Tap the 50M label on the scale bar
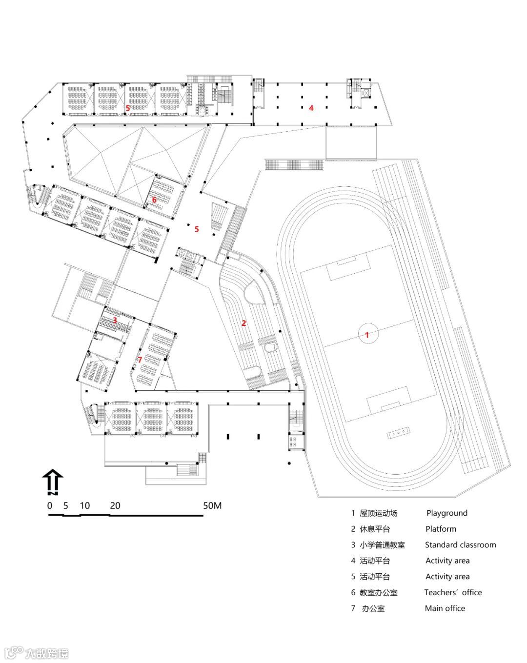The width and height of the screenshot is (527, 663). [x=212, y=505]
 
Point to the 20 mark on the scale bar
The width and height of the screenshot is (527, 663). [x=115, y=505]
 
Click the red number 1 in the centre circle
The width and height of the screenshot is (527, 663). [x=367, y=335]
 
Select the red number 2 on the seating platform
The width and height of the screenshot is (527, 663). [x=244, y=322]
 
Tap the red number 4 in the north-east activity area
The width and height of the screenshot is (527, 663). [x=311, y=108]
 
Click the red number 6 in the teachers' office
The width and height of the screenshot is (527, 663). [x=154, y=199]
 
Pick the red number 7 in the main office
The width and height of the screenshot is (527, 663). [x=140, y=360]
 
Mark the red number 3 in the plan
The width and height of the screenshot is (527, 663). [x=115, y=320]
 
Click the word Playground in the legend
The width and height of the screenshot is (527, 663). [x=446, y=513]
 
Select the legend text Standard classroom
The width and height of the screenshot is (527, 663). [x=460, y=544]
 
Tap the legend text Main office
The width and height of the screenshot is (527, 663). [x=445, y=608]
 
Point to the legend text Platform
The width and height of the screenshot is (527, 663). [x=441, y=529]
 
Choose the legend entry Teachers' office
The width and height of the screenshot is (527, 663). [x=452, y=592]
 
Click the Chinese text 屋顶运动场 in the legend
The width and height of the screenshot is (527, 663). [x=378, y=513]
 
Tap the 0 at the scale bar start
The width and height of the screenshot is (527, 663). [x=50, y=505]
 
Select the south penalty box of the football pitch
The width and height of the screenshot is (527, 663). [x=388, y=399]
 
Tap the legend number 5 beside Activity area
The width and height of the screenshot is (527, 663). [x=353, y=576]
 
